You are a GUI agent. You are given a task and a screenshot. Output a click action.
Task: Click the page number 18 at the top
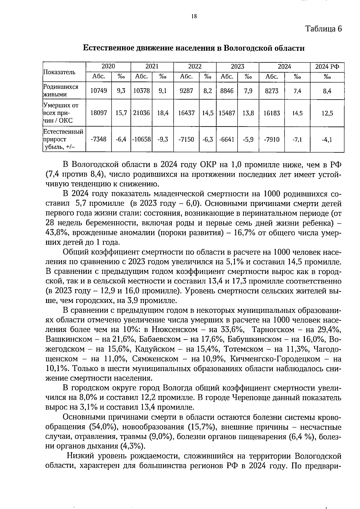(194, 17)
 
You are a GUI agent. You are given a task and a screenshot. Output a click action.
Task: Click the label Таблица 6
(323, 29)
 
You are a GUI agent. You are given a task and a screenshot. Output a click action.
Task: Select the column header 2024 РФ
(327, 67)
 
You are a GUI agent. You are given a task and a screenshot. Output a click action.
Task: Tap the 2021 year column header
(152, 67)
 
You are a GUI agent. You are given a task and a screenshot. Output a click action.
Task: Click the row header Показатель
(60, 72)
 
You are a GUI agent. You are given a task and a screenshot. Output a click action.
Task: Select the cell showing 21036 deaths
(141, 113)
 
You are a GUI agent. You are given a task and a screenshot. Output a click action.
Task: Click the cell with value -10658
(141, 139)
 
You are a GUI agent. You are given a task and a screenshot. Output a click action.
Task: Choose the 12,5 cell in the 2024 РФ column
(327, 113)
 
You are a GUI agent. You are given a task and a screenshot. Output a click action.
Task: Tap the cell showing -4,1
(327, 139)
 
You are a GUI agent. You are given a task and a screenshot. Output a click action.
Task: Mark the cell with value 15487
(227, 113)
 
